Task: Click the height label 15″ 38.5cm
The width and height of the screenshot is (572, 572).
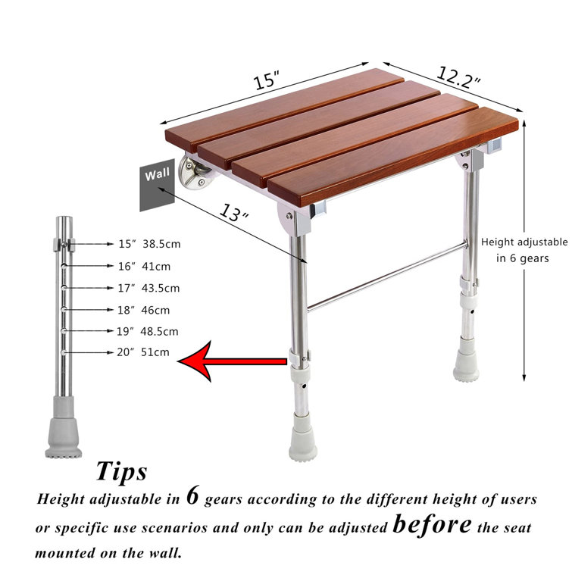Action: tap(148, 244)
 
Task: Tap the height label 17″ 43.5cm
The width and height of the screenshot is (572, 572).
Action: tap(148, 288)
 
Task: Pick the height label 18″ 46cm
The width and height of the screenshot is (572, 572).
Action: tap(144, 310)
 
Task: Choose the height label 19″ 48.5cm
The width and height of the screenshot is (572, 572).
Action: tap(148, 331)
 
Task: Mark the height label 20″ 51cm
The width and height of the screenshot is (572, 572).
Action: tap(144, 352)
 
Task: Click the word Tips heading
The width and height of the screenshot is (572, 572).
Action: tap(121, 471)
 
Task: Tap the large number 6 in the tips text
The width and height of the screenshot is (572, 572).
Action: tap(192, 497)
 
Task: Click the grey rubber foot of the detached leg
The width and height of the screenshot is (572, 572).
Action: tap(65, 438)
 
